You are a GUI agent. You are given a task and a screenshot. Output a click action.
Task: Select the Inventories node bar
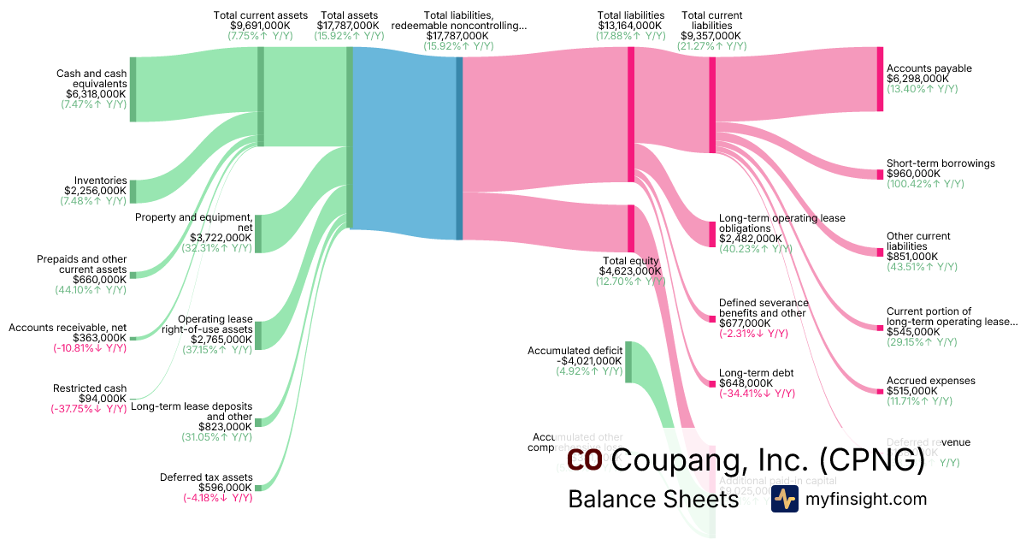[x=133, y=192]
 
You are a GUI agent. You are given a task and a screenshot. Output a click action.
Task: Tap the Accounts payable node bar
[x=880, y=79]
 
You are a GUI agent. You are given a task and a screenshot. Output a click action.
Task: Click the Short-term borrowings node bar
[x=880, y=175]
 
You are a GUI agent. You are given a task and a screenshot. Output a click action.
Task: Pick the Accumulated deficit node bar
[x=628, y=362]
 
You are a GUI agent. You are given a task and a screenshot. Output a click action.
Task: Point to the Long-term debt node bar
[x=712, y=383]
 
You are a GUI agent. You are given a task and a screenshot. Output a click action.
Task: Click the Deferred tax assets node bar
[x=258, y=488]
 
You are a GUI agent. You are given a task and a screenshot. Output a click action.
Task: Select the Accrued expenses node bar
[x=880, y=391]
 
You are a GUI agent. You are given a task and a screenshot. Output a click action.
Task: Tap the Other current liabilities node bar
[x=880, y=252]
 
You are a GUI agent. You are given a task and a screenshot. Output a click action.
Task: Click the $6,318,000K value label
[x=94, y=94]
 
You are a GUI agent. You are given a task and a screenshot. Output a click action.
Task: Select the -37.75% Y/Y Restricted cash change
[x=88, y=409]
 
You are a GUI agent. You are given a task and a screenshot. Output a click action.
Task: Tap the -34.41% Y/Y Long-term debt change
[x=758, y=394]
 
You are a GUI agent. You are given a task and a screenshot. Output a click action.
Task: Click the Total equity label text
[x=631, y=261]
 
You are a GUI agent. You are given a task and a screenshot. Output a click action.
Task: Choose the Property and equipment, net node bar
[x=258, y=234]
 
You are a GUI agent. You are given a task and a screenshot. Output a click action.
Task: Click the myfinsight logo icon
[x=784, y=499]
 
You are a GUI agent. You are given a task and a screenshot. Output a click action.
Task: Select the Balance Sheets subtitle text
[x=653, y=499]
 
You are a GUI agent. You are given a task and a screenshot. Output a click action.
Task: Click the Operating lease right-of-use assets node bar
[x=258, y=335]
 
